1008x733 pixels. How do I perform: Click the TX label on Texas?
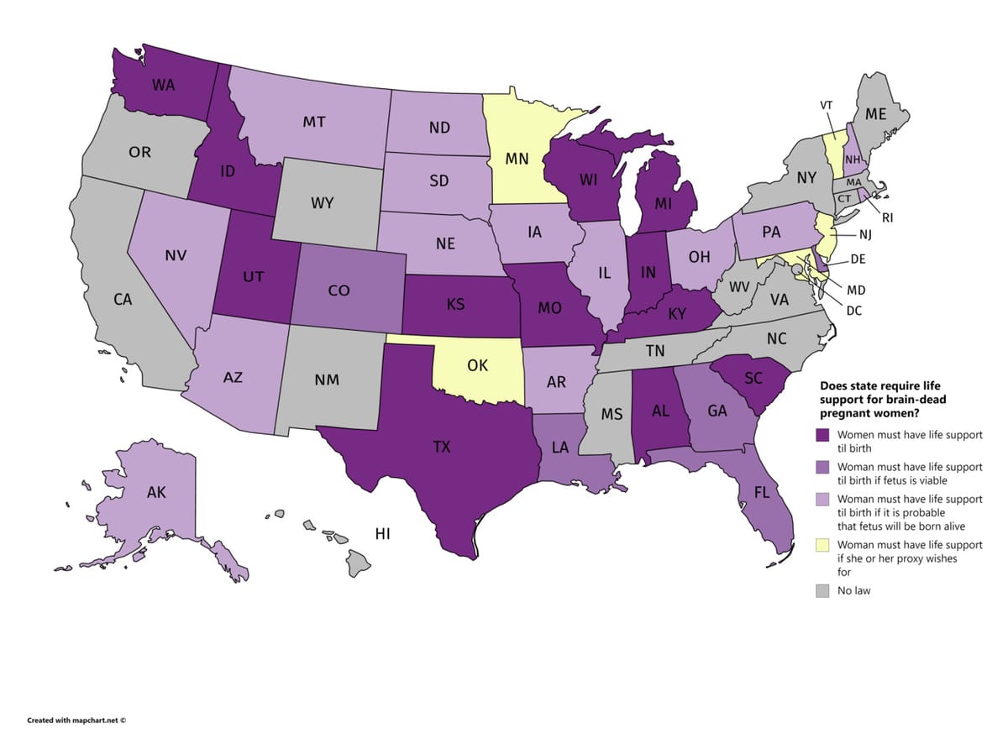tap(442, 448)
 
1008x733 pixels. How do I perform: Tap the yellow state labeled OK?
tap(477, 366)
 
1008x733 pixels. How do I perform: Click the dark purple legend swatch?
tap(822, 435)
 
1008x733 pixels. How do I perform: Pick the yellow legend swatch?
tap(822, 546)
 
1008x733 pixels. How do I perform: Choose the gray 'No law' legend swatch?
tap(822, 591)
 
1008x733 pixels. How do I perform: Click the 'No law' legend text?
tap(853, 591)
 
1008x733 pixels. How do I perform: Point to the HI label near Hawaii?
tap(383, 534)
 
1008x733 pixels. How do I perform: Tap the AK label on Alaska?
tap(156, 493)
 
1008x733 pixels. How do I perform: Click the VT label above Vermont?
tap(826, 105)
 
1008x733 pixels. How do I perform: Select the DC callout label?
tap(854, 310)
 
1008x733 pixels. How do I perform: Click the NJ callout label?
tap(865, 234)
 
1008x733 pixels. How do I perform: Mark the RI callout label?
tap(886, 217)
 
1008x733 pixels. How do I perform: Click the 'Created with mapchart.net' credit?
tap(76, 720)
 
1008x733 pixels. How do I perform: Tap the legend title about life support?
tap(882, 399)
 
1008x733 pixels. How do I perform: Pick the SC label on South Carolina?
tap(753, 379)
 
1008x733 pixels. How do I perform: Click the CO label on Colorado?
tap(339, 291)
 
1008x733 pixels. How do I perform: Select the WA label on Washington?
tap(163, 85)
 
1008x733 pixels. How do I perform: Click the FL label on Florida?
tap(761, 493)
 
